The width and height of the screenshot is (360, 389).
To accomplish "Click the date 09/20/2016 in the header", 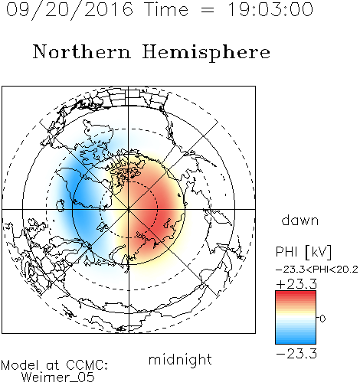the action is [70, 10].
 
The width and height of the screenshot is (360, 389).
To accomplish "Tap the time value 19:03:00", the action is [270, 9].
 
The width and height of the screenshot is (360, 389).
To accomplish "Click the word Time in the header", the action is [166, 9].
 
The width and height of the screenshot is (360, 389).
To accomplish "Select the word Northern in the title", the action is [82, 51].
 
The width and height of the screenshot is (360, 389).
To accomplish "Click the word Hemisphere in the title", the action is [206, 53].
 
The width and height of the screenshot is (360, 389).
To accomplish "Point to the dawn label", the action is [300, 220].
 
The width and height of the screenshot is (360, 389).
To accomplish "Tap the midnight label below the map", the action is [180, 360].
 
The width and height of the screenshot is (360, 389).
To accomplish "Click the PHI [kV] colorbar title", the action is [303, 252].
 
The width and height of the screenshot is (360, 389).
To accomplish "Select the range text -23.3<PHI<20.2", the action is [317, 270].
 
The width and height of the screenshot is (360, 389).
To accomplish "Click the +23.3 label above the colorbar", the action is [296, 284].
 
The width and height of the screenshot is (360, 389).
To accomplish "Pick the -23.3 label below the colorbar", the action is [296, 354].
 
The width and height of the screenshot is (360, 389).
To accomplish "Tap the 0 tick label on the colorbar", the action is [322, 319].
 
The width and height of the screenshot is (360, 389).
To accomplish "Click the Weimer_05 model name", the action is [58, 377].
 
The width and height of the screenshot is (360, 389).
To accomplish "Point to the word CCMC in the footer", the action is [87, 365].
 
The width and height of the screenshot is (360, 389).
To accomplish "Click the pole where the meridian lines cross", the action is [129, 209].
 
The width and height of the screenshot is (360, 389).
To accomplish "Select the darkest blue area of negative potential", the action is [83, 201].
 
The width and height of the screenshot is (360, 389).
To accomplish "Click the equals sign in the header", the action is [208, 10].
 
